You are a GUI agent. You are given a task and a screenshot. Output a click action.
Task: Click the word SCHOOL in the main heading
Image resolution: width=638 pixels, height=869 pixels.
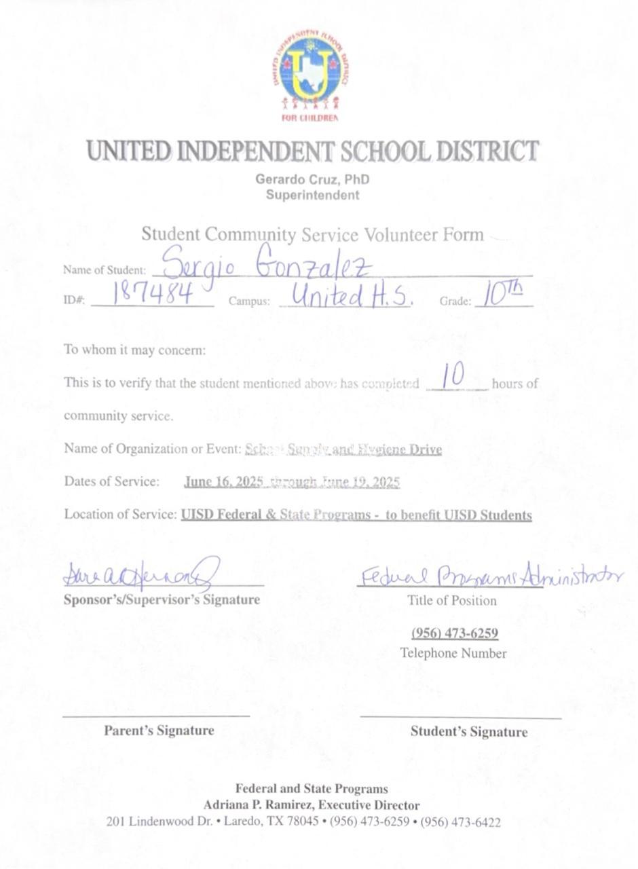pos(384,151)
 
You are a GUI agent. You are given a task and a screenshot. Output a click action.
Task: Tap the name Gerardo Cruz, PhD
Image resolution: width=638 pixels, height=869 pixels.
pos(312,180)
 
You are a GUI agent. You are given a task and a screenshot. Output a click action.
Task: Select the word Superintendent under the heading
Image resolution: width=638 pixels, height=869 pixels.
pos(312,196)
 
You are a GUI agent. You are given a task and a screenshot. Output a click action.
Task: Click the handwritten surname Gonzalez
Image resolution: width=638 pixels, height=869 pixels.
pos(314,265)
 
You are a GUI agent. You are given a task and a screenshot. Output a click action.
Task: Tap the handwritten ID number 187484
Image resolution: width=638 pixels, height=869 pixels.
pos(153,295)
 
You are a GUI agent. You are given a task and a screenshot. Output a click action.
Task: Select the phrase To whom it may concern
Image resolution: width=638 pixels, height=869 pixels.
pos(134,350)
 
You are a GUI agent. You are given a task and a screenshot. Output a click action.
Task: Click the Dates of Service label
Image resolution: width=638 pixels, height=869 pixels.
pos(112,481)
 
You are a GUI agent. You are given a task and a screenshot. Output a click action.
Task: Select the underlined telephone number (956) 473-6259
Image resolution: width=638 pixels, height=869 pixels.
pos(454,633)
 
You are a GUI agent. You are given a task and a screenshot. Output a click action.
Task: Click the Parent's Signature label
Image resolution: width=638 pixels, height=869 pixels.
pos(159,731)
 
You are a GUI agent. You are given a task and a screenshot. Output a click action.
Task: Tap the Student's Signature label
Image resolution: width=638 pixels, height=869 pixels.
pos(468,732)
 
